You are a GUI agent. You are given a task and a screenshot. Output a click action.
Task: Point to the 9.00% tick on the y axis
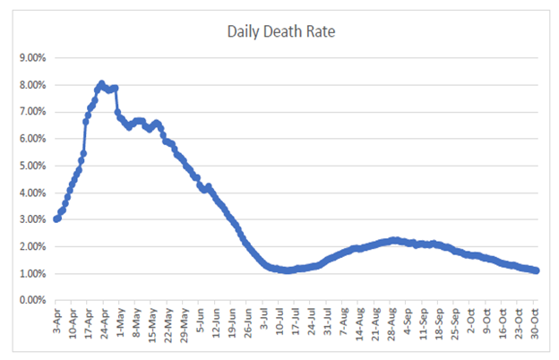pyautogui.click(x=32, y=58)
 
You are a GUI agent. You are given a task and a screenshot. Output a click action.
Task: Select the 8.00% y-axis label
pyautogui.click(x=32, y=85)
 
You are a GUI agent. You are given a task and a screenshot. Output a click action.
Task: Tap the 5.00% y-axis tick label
pyautogui.click(x=32, y=166)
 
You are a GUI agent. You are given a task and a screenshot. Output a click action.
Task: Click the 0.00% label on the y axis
pyautogui.click(x=32, y=300)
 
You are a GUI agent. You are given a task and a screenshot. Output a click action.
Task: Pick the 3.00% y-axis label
pyautogui.click(x=32, y=219)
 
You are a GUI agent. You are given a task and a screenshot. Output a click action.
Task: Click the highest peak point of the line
pyautogui.click(x=101, y=84)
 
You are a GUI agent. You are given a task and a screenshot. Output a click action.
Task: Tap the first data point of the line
pyautogui.click(x=57, y=219)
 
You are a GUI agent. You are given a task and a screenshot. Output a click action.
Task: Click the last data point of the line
pyautogui.click(x=536, y=270)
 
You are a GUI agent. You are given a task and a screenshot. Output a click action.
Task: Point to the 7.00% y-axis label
pyautogui.click(x=32, y=112)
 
